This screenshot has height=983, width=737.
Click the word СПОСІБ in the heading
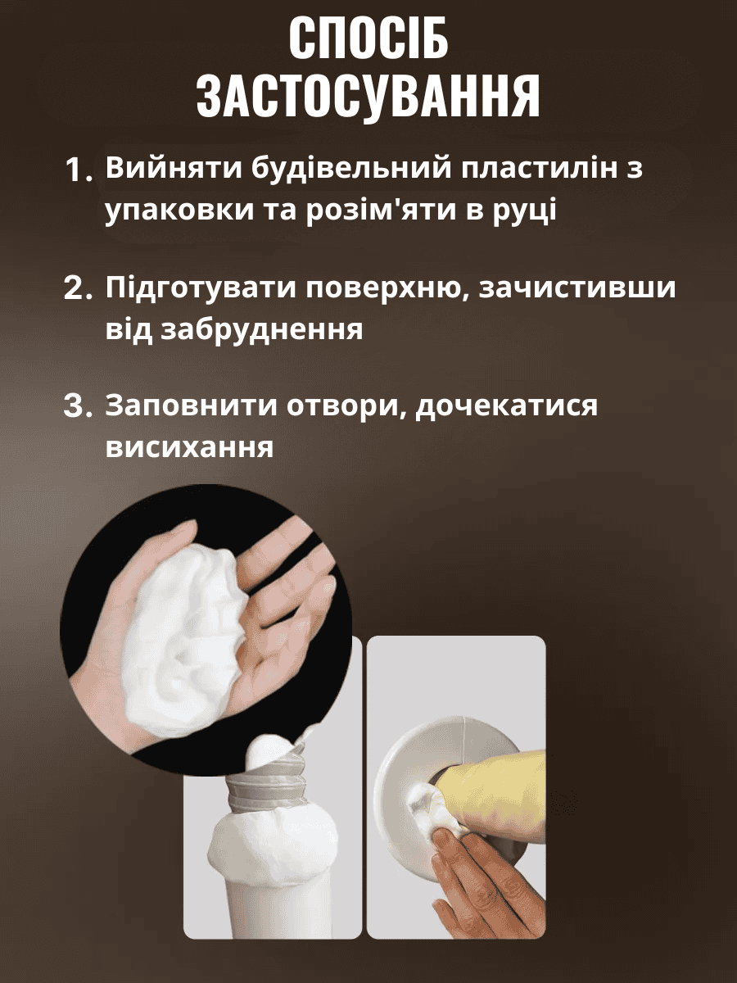(368, 40)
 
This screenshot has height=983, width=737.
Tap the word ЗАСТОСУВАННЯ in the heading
(368, 97)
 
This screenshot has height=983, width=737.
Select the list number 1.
(79, 170)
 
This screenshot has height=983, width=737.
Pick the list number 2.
(79, 288)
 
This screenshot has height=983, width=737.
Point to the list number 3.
(79, 406)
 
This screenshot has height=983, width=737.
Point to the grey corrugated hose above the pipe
(267, 781)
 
